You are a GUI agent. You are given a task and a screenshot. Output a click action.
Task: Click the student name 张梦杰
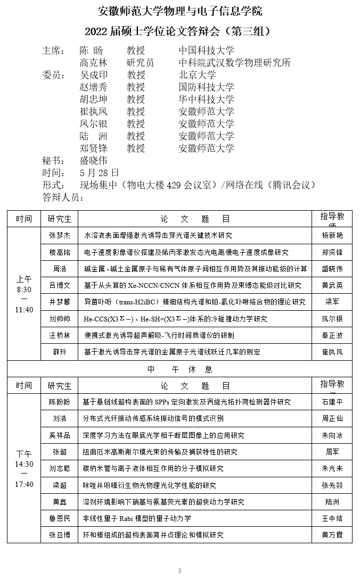tap(59, 235)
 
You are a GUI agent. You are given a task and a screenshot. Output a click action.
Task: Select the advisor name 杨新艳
tap(332, 235)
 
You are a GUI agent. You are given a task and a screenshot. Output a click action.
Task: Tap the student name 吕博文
tap(59, 285)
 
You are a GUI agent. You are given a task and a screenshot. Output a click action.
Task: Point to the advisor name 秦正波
tap(332, 335)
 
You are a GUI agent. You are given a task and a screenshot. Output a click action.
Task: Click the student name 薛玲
tap(59, 352)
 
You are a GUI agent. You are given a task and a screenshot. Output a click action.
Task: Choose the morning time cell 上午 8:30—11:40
tap(24, 294)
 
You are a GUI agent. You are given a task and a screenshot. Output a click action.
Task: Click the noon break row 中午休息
tap(179, 369)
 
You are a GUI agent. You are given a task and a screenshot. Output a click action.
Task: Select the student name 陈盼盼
tap(59, 402)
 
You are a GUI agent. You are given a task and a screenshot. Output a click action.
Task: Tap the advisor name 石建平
tap(332, 402)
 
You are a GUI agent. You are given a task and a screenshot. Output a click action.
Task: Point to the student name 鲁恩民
tap(59, 518)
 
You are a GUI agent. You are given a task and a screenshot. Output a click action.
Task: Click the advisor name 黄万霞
tap(332, 535)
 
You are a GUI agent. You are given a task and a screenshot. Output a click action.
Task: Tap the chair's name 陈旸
tap(91, 51)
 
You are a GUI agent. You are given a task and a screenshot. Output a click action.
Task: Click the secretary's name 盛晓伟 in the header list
tap(93, 160)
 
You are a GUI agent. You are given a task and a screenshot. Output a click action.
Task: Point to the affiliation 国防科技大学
tap(206, 87)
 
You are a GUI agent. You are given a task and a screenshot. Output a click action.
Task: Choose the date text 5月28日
tap(99, 172)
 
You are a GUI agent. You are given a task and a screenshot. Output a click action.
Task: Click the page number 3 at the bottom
tap(179, 571)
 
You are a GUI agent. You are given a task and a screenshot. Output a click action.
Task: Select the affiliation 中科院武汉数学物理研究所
tap(234, 63)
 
